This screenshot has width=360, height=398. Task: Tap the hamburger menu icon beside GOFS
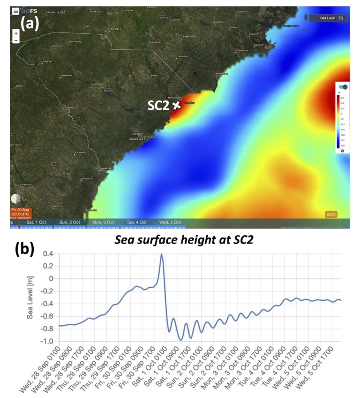(x=16, y=11)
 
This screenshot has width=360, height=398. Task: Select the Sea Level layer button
(x=328, y=18)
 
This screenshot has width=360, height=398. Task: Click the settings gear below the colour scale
(x=342, y=150)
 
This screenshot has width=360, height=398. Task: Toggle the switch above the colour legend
(x=343, y=87)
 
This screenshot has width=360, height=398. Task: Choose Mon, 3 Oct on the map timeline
(x=103, y=222)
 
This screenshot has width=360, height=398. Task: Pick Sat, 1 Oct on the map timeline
(x=36, y=222)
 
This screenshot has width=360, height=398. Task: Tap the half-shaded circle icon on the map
(x=15, y=199)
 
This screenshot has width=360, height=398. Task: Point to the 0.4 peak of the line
(x=161, y=254)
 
